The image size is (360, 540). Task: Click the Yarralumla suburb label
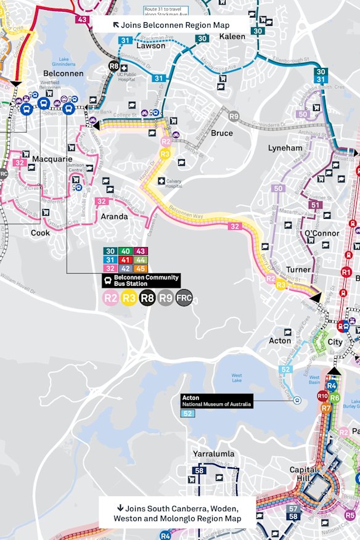click(213, 454)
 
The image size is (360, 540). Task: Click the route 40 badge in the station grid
click(125, 251)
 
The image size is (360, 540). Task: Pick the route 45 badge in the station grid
click(141, 268)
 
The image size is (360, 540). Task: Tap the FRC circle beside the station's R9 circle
click(184, 298)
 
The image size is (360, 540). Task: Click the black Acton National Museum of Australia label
click(216, 400)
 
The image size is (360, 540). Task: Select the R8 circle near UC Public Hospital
click(114, 66)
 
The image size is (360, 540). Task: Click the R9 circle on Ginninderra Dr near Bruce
click(234, 116)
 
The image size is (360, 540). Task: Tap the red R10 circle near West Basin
click(322, 396)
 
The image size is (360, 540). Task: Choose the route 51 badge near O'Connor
click(316, 205)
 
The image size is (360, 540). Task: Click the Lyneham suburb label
click(285, 149)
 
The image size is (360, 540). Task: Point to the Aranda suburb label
click(115, 216)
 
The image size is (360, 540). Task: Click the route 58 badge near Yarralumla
click(199, 470)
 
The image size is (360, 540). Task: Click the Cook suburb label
click(41, 233)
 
